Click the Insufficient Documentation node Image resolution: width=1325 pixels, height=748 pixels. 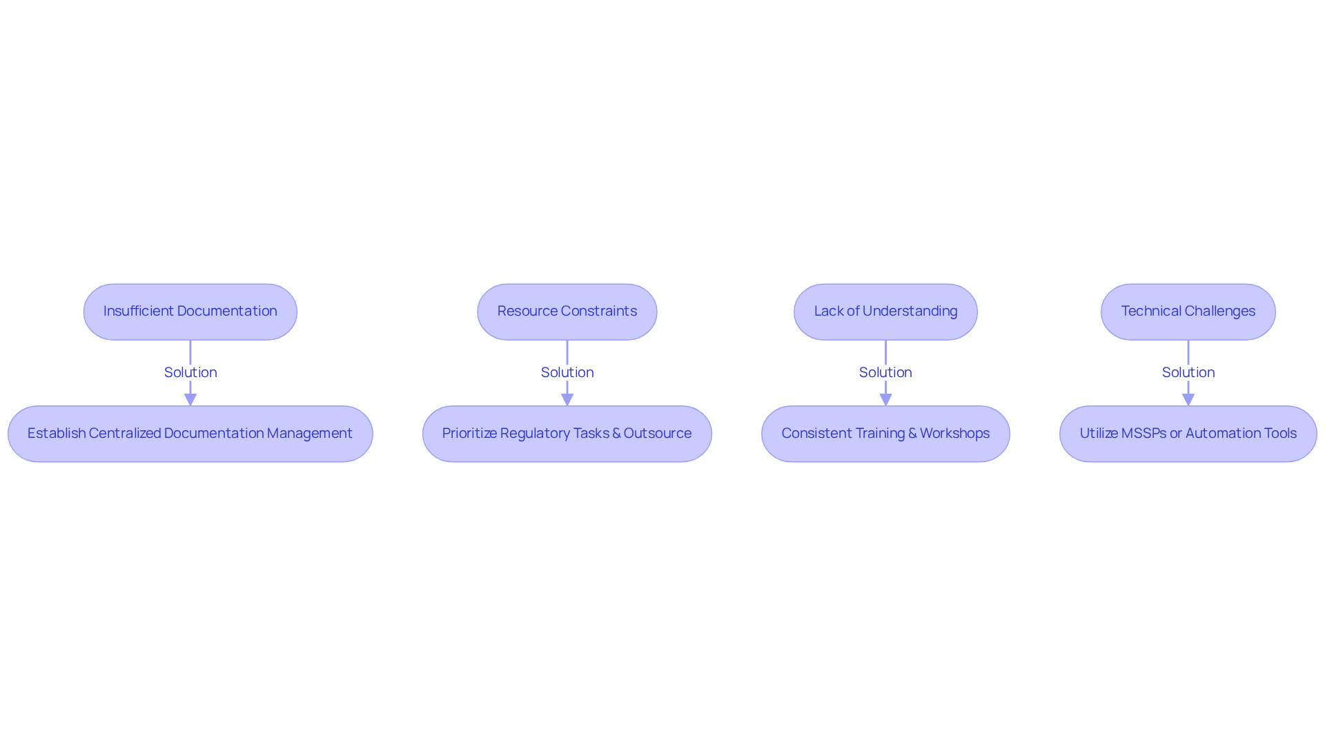pos(190,311)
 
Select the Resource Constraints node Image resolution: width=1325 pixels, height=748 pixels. pos(567,311)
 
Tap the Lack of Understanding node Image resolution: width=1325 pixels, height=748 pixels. pos(885,311)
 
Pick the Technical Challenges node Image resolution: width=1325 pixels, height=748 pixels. pos(1188,311)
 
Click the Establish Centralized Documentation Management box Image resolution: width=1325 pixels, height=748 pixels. pos(190,434)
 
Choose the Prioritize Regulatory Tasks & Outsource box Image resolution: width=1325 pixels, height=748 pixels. pos(567,434)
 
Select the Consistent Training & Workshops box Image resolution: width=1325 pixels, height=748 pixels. pos(885,434)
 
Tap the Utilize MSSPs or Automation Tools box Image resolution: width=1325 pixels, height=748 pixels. pos(1188,434)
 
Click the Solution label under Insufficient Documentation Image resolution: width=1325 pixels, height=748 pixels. pos(190,372)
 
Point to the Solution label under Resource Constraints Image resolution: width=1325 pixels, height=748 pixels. pos(567,372)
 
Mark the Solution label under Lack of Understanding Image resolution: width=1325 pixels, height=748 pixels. pos(885,372)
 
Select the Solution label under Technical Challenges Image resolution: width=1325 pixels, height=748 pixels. pos(1188,372)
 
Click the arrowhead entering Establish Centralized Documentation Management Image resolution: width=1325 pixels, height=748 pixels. pos(190,400)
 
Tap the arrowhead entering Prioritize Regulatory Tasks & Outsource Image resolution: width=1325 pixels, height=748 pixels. pos(567,400)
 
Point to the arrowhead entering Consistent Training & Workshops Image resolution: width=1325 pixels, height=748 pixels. pos(885,400)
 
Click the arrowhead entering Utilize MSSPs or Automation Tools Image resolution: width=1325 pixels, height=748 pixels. pos(1188,400)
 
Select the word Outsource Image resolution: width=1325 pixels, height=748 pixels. pos(658,433)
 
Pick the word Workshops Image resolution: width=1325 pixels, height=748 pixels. pos(954,434)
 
